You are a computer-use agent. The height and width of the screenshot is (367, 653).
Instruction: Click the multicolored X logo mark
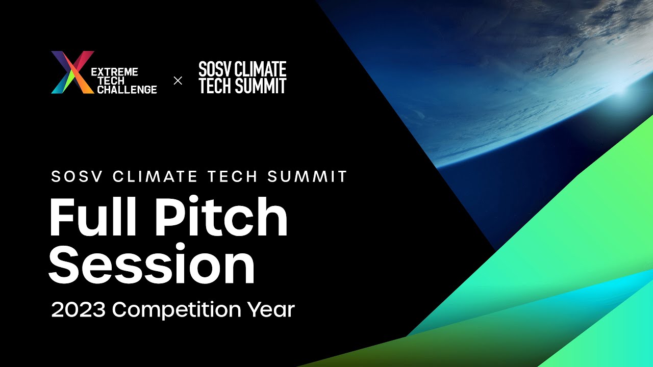(72, 72)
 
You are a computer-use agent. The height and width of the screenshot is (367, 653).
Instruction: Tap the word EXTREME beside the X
(114, 72)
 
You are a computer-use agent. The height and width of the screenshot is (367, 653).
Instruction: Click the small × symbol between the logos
(178, 81)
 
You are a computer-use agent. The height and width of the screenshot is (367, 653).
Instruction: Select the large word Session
(152, 264)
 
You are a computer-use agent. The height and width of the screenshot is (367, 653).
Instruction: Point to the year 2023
(79, 310)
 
